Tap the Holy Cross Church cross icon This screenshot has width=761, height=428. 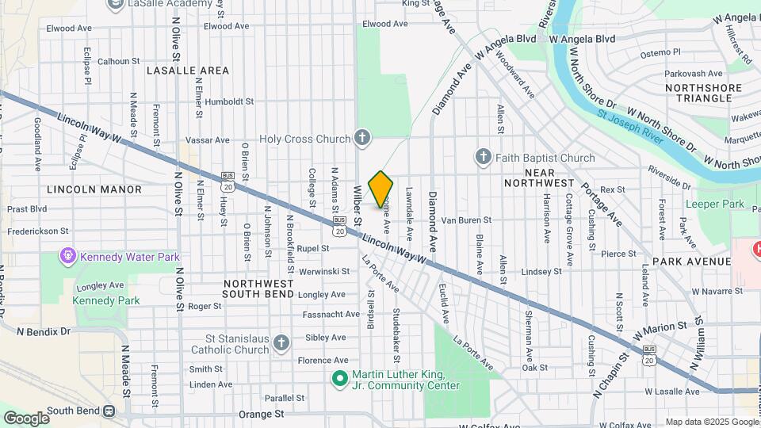[x=361, y=139]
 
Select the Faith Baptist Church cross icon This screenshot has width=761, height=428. [x=484, y=158]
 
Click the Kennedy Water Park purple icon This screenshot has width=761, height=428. [x=68, y=257]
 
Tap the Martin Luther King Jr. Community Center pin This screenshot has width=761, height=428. [x=339, y=380]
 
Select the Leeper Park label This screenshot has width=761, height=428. [x=716, y=204]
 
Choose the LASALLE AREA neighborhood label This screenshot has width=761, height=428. [x=188, y=71]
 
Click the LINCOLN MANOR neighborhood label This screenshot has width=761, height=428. [x=94, y=189]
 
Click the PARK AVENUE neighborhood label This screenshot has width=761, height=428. [x=691, y=261]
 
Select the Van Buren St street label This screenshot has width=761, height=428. [x=466, y=220]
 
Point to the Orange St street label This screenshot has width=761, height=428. [x=261, y=414]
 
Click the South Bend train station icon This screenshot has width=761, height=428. [x=109, y=411]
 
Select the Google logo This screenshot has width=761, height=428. [x=26, y=418]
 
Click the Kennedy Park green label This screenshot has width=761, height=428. [x=106, y=300]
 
